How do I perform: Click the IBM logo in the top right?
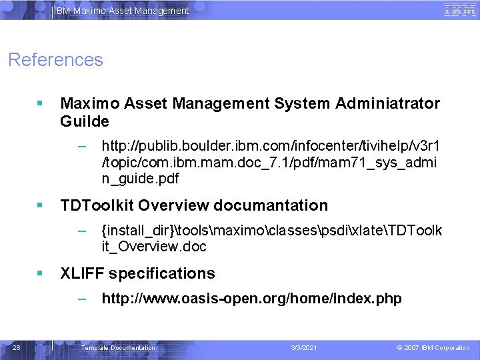[x=459, y=10]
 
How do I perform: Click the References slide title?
[x=55, y=60]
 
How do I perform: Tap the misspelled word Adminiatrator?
[x=388, y=103]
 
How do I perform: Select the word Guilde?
[x=84, y=123]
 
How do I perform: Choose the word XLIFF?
[x=82, y=273]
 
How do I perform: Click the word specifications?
[x=162, y=273]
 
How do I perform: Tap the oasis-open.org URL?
[x=251, y=299]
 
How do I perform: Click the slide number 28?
[x=17, y=348]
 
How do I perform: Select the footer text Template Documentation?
[x=117, y=348]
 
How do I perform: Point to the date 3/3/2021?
[x=304, y=348]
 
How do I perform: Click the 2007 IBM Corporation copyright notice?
[x=433, y=348]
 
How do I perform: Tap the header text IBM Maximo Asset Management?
[x=121, y=11]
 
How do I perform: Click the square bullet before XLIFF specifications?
[x=40, y=273]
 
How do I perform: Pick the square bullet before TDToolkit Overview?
[x=40, y=205]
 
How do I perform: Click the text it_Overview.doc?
[x=154, y=247]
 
